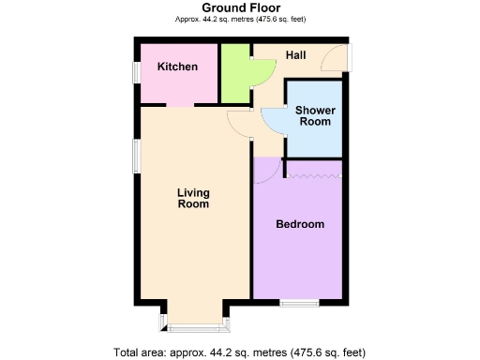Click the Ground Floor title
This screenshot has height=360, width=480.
240,7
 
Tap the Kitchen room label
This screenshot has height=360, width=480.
177,67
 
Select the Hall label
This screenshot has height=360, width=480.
296,55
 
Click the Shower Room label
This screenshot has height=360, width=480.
315,116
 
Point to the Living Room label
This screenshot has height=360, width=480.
193,199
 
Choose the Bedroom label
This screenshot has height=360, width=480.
300,224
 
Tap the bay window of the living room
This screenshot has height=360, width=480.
195,324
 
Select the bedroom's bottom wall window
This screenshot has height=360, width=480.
300,302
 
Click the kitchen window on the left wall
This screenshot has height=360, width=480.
137,72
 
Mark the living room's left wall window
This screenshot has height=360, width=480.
137,159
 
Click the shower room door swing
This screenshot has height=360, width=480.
273,120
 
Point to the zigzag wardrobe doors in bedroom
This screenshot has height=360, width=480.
315,175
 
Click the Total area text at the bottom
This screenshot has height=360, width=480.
240,352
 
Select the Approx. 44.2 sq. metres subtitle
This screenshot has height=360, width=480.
240,19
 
